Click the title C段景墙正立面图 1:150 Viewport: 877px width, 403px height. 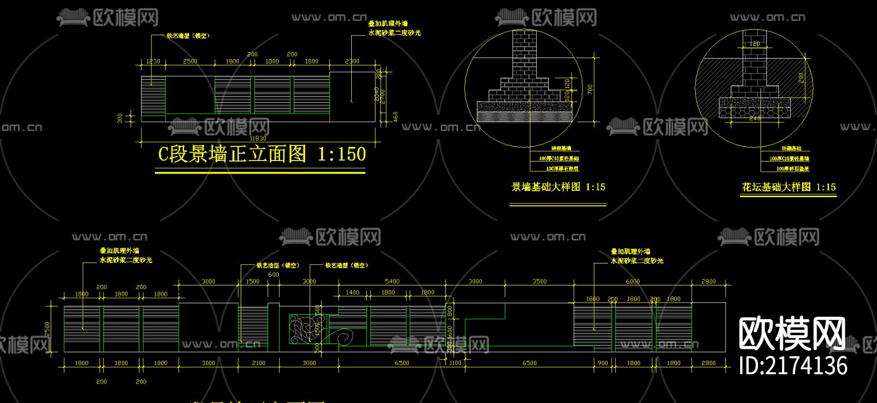tap(262, 154)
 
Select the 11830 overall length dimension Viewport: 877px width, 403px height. tap(258, 139)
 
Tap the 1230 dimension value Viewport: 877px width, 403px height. tap(153, 61)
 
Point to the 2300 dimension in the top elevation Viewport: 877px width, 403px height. tap(352, 61)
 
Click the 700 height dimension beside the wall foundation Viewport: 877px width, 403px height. tap(590, 89)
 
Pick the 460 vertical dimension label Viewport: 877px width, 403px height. tap(396, 117)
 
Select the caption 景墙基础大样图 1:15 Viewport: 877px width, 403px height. tap(558, 187)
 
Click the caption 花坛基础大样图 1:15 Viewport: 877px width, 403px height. tap(788, 187)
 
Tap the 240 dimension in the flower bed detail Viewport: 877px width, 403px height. tap(754, 119)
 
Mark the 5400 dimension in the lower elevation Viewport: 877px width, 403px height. tap(392, 282)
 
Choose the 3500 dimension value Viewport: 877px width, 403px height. tap(539, 282)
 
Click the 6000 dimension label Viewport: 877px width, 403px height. tap(632, 282)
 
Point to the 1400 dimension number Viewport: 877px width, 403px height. tap(352, 293)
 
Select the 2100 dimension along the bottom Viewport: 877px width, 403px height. tap(258, 363)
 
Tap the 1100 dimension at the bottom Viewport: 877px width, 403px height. tap(455, 363)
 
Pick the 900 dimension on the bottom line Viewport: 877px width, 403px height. tap(603, 363)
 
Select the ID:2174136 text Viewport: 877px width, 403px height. tap(793, 366)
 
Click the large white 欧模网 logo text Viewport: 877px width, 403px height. tap(792, 334)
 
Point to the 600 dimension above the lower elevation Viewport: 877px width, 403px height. tap(273, 275)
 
